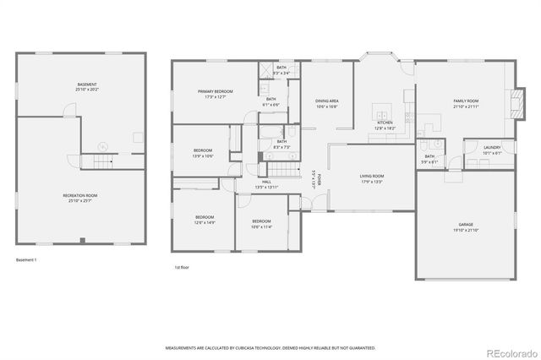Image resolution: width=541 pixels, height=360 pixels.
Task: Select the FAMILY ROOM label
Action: (x=466, y=101)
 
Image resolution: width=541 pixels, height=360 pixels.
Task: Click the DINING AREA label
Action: (x=326, y=101)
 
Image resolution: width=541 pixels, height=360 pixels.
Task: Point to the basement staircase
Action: (x=101, y=161)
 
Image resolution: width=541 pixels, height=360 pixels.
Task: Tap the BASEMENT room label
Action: (x=87, y=85)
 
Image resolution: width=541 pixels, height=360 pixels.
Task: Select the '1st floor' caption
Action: (x=182, y=266)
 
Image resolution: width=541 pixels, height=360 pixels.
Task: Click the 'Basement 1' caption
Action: (x=26, y=259)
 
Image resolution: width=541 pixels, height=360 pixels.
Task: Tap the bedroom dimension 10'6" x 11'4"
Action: (x=260, y=226)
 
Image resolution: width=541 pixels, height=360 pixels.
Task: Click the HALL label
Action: (x=266, y=182)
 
